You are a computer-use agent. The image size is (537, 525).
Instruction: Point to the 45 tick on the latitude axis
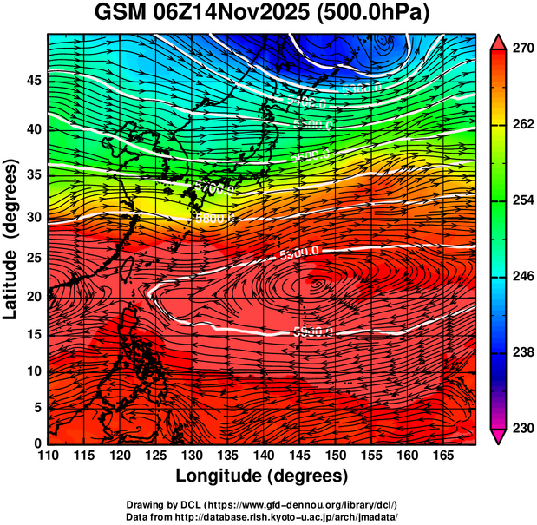click(32, 81)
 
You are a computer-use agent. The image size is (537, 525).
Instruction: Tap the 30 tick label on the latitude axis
click(32, 217)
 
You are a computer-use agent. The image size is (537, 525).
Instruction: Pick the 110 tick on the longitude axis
click(47, 456)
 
